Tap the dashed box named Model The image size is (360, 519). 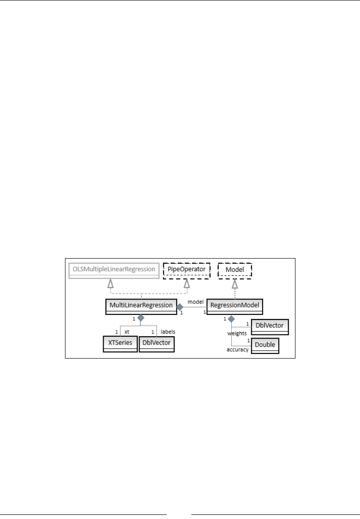[235, 269]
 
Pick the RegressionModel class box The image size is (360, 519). [235, 306]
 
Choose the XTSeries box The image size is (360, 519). [120, 343]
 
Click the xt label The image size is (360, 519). [127, 332]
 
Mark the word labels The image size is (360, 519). [168, 332]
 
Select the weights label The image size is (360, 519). [237, 334]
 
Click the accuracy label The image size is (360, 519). [238, 350]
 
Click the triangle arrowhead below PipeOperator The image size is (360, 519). [186, 284]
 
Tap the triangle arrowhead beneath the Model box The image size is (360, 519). [235, 284]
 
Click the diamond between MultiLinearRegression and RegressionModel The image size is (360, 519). [180, 307]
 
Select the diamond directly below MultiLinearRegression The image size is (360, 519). [141, 318]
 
